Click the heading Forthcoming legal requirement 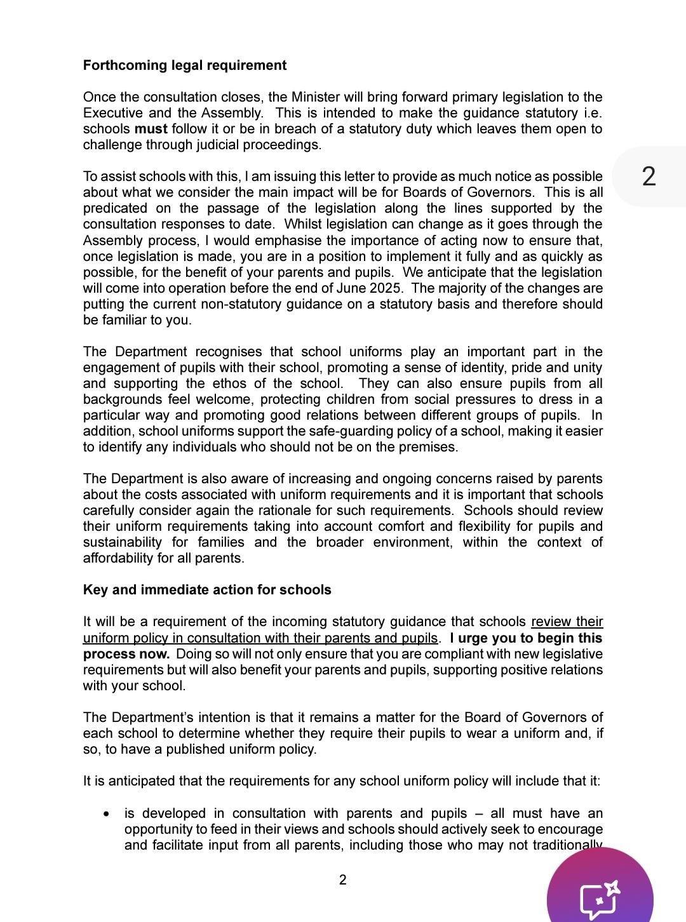[185, 65]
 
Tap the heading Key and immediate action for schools [207, 590]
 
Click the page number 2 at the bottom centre [343, 880]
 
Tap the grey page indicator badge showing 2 [649, 177]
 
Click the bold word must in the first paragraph [151, 129]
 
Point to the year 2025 [385, 288]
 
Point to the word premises [432, 447]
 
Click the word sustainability [123, 542]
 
